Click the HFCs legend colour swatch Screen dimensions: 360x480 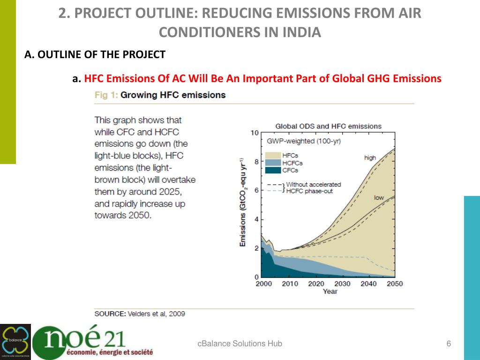pyautogui.click(x=273, y=155)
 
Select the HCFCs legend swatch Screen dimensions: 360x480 pyautogui.click(x=273, y=163)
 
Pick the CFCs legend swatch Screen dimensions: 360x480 pyautogui.click(x=273, y=170)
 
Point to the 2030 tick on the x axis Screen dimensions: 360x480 pyautogui.click(x=343, y=284)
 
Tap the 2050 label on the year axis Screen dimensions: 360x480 pyautogui.click(x=395, y=284)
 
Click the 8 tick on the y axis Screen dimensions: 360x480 pyautogui.click(x=256, y=162)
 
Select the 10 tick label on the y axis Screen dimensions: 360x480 pyautogui.click(x=255, y=133)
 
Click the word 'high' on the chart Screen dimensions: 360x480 pyautogui.click(x=370, y=158)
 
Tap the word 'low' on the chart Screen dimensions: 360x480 pyautogui.click(x=379, y=198)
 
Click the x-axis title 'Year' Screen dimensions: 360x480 pyautogui.click(x=330, y=292)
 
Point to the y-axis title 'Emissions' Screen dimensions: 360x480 pyautogui.click(x=243, y=230)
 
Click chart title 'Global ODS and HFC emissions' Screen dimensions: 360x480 pyautogui.click(x=328, y=126)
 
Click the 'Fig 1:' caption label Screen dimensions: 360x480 pyautogui.click(x=106, y=95)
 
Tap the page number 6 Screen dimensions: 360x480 pyautogui.click(x=449, y=344)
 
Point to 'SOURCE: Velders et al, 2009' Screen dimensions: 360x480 pyautogui.click(x=140, y=314)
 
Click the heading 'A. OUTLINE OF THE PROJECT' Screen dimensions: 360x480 pyautogui.click(x=95, y=55)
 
